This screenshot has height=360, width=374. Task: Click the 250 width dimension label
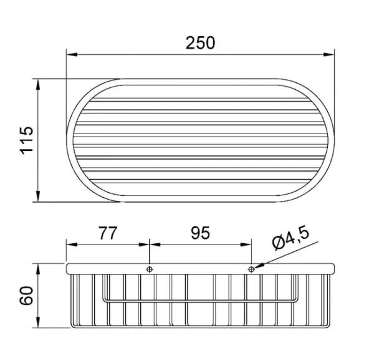tap(200, 43)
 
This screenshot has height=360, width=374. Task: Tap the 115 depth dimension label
tap(26, 140)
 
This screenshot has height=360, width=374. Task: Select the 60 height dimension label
tap(26, 296)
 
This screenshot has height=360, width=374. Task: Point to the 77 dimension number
tap(108, 233)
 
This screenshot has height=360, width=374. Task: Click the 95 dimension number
tap(200, 233)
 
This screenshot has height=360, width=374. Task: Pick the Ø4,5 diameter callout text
tap(290, 239)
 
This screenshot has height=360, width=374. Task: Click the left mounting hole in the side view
tap(150, 270)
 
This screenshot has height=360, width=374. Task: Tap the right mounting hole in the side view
tap(251, 270)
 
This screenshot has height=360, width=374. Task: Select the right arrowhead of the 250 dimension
tap(328, 55)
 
